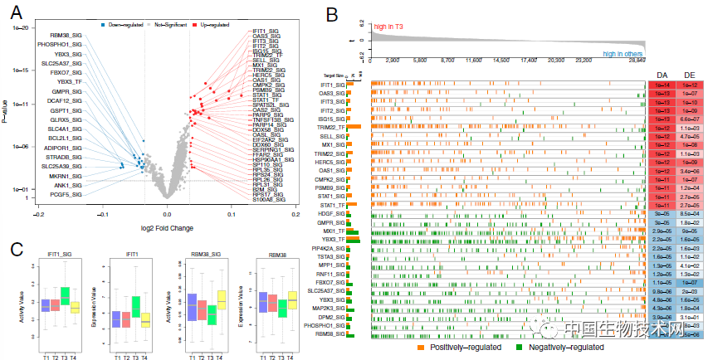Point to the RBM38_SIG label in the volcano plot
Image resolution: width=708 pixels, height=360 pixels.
pos(66,34)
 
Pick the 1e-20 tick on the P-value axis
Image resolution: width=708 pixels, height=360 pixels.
pos(21,28)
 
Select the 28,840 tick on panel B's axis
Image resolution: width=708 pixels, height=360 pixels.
pos(637,61)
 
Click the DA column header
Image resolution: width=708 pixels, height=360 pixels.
pos(660,75)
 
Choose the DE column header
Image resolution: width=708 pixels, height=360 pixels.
pos(689,75)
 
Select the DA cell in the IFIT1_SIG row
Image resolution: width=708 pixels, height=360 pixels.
pos(660,85)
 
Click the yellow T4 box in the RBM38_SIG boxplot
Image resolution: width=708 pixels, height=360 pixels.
pos(221,300)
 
